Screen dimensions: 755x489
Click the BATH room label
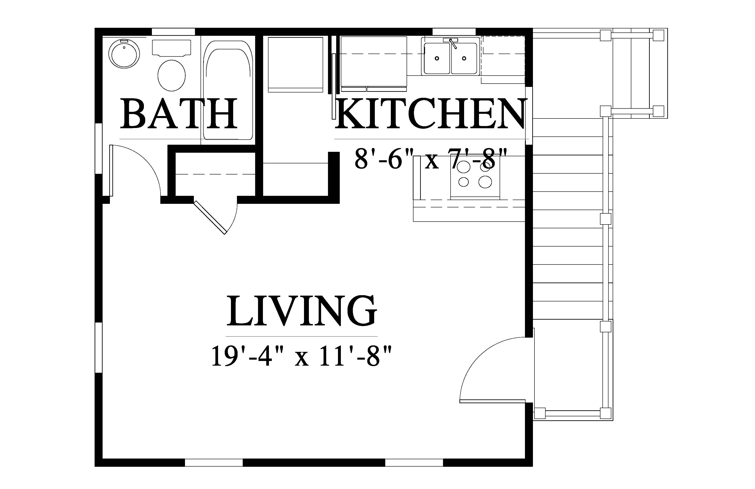tap(179, 113)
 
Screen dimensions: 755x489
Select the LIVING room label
tap(301, 311)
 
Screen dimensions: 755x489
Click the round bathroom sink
tap(124, 54)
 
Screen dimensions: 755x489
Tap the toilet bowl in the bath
tap(172, 75)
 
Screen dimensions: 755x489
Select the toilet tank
tap(172, 48)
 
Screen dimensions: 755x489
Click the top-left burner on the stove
tap(464, 165)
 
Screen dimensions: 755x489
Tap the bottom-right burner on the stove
tap(485, 182)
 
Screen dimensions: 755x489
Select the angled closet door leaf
tap(210, 218)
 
